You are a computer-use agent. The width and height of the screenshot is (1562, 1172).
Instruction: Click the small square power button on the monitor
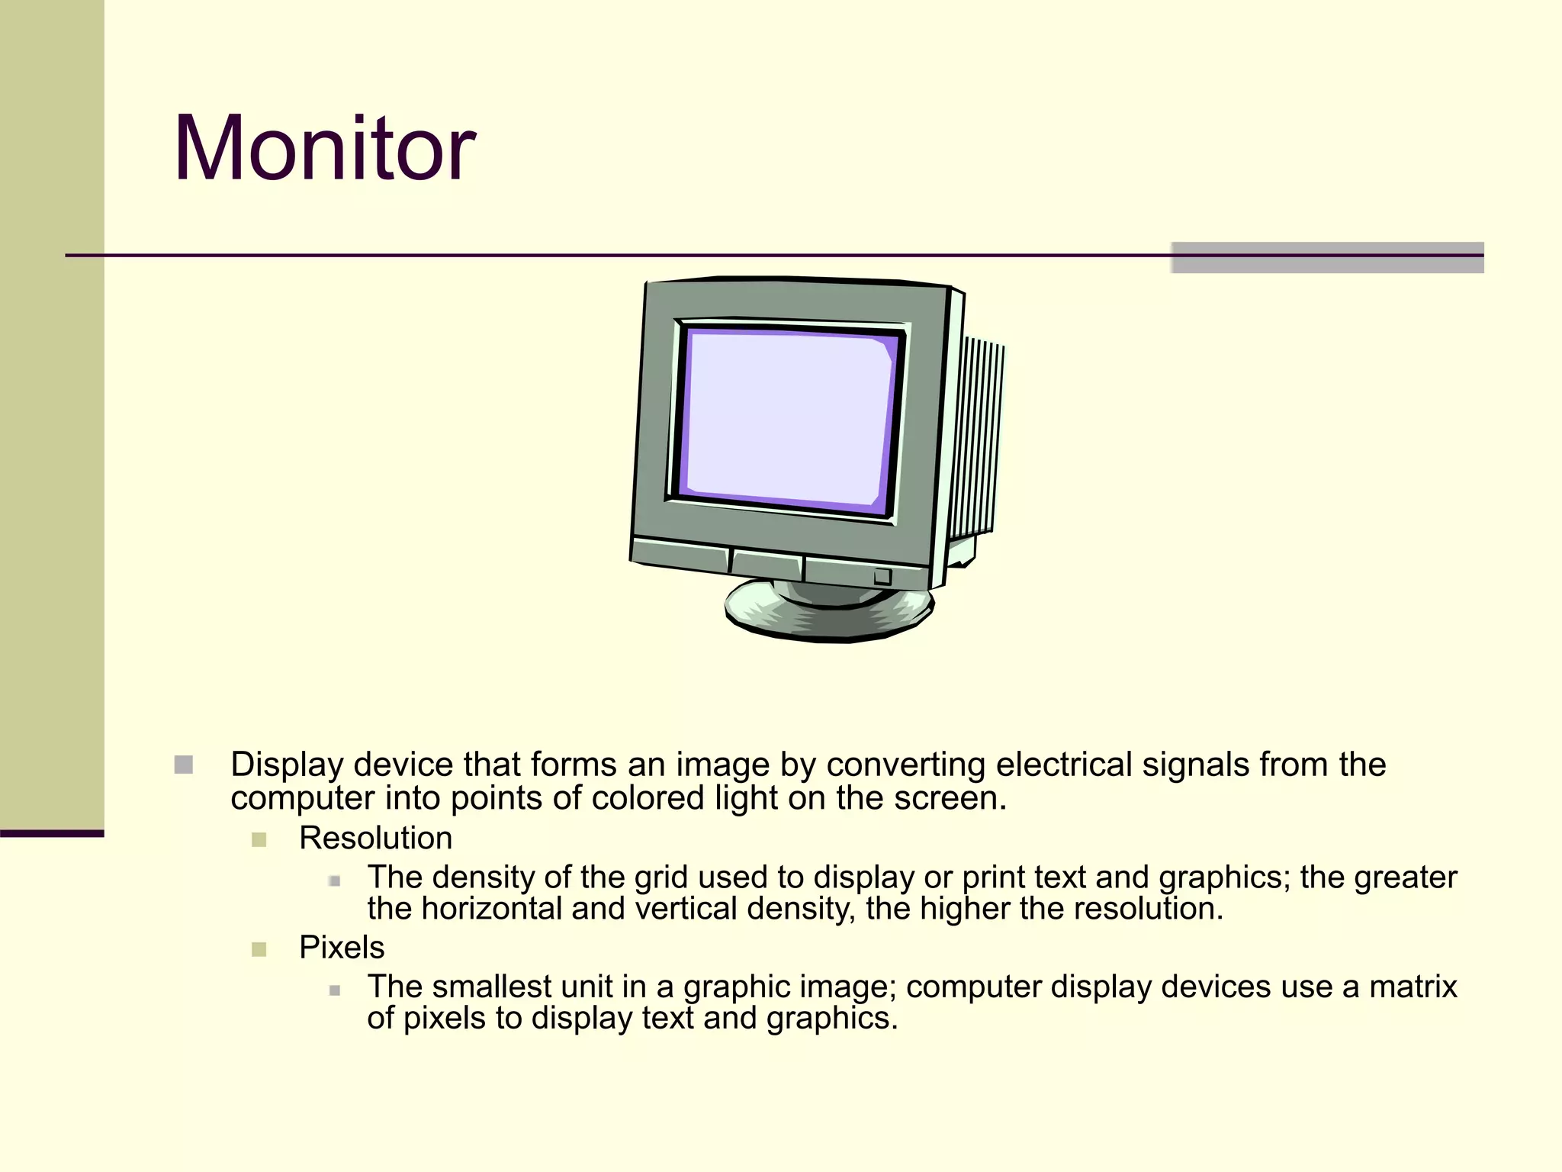pyautogui.click(x=882, y=576)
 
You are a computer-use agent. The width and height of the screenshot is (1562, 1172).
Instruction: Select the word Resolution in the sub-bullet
pyautogui.click(x=375, y=838)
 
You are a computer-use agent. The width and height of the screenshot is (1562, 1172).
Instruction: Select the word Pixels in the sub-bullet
pyautogui.click(x=342, y=947)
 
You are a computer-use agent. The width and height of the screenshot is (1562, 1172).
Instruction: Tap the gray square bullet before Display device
pyautogui.click(x=184, y=765)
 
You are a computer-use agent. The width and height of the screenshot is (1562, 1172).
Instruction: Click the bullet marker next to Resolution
pyautogui.click(x=259, y=840)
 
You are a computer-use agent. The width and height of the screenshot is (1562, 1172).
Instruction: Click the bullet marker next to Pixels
pyautogui.click(x=259, y=949)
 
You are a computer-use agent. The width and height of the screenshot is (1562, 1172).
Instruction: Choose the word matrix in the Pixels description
pyautogui.click(x=1413, y=987)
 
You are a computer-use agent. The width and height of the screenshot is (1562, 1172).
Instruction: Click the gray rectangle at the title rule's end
pyautogui.click(x=1327, y=257)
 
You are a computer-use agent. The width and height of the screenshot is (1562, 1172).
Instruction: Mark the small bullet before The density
pyautogui.click(x=334, y=881)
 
